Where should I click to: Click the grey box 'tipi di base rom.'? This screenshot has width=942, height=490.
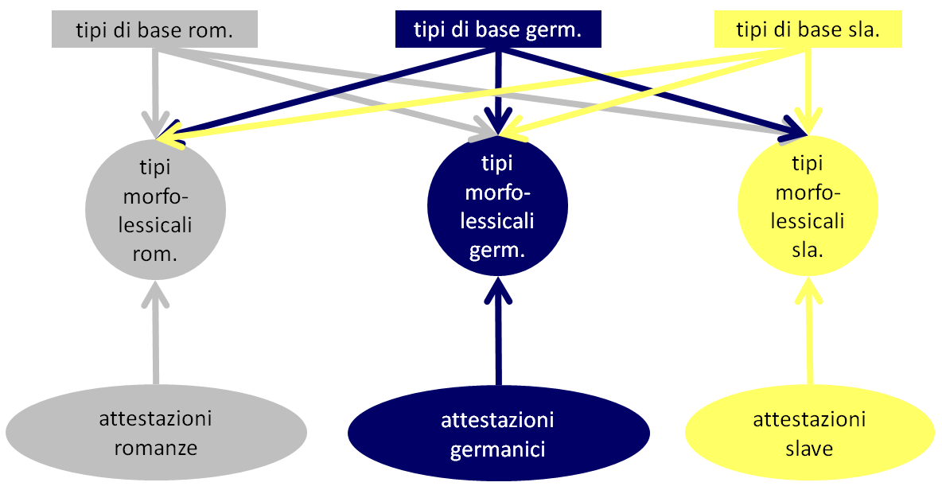(154, 31)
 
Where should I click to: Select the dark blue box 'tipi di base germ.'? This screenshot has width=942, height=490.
(498, 30)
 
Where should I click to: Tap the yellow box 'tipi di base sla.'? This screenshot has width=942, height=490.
(808, 30)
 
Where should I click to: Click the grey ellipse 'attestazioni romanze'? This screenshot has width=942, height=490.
(156, 434)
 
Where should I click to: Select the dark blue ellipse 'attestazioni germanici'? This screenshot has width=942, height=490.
(498, 434)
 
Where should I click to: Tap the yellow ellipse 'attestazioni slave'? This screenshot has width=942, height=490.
(809, 433)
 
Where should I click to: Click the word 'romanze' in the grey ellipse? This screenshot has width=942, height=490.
(156, 448)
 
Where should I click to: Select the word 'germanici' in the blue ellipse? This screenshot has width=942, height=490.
(498, 449)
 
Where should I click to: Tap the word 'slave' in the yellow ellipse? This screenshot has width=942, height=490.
(809, 448)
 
